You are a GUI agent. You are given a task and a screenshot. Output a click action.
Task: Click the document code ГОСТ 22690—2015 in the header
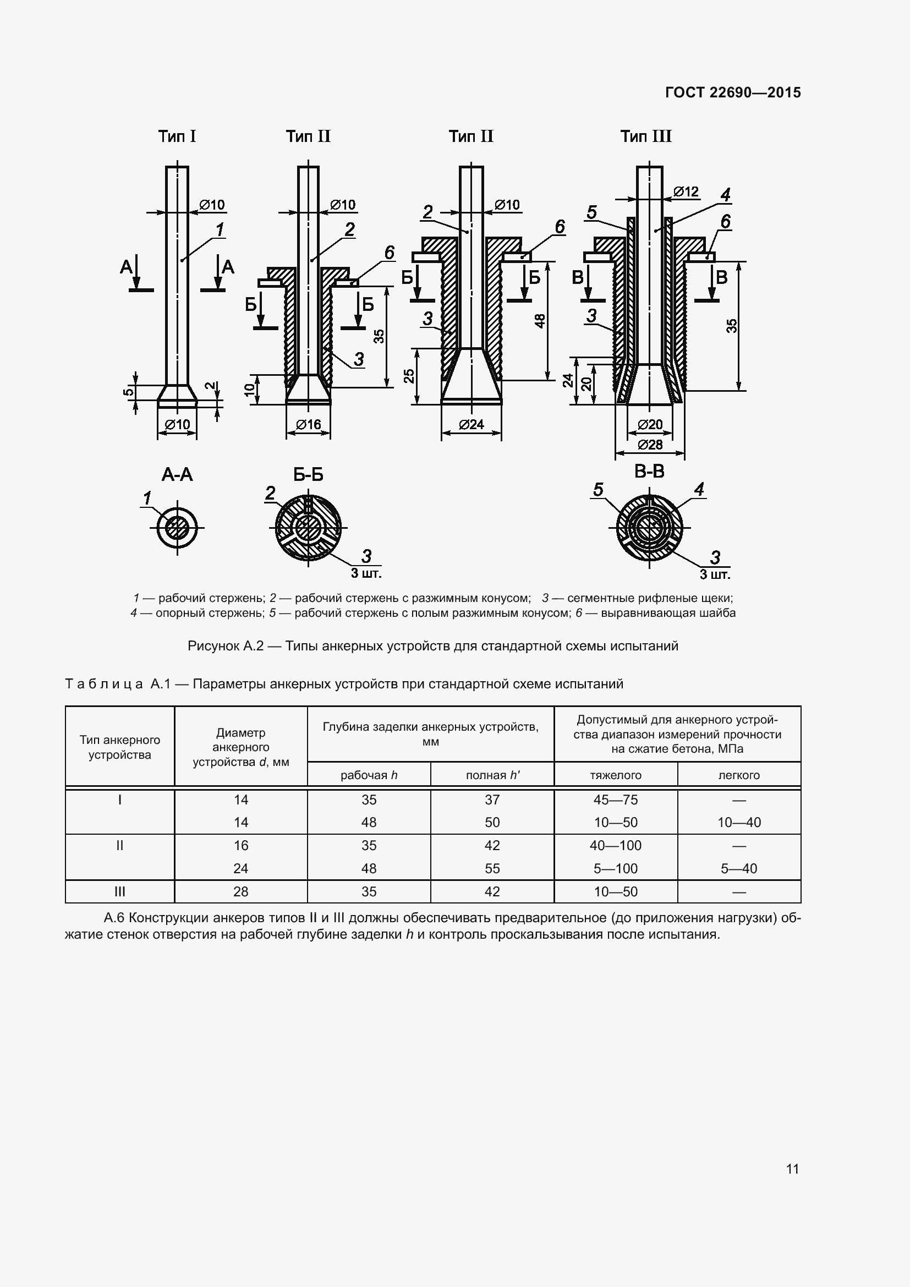(x=733, y=92)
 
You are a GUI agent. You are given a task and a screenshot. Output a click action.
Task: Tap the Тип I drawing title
(x=177, y=136)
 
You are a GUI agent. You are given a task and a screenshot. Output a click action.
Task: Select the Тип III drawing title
(x=645, y=136)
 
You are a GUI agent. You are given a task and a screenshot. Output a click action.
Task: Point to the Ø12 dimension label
(x=686, y=191)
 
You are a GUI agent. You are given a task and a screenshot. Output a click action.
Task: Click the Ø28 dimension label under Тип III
(x=650, y=445)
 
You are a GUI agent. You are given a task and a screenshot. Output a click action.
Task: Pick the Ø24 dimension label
(x=472, y=424)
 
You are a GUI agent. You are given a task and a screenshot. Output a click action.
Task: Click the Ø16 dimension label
(x=308, y=424)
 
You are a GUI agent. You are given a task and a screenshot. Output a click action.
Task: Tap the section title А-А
(x=177, y=475)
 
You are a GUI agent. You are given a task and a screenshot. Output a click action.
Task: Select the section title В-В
(x=649, y=472)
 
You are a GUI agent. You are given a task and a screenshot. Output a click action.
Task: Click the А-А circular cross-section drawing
(x=177, y=528)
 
